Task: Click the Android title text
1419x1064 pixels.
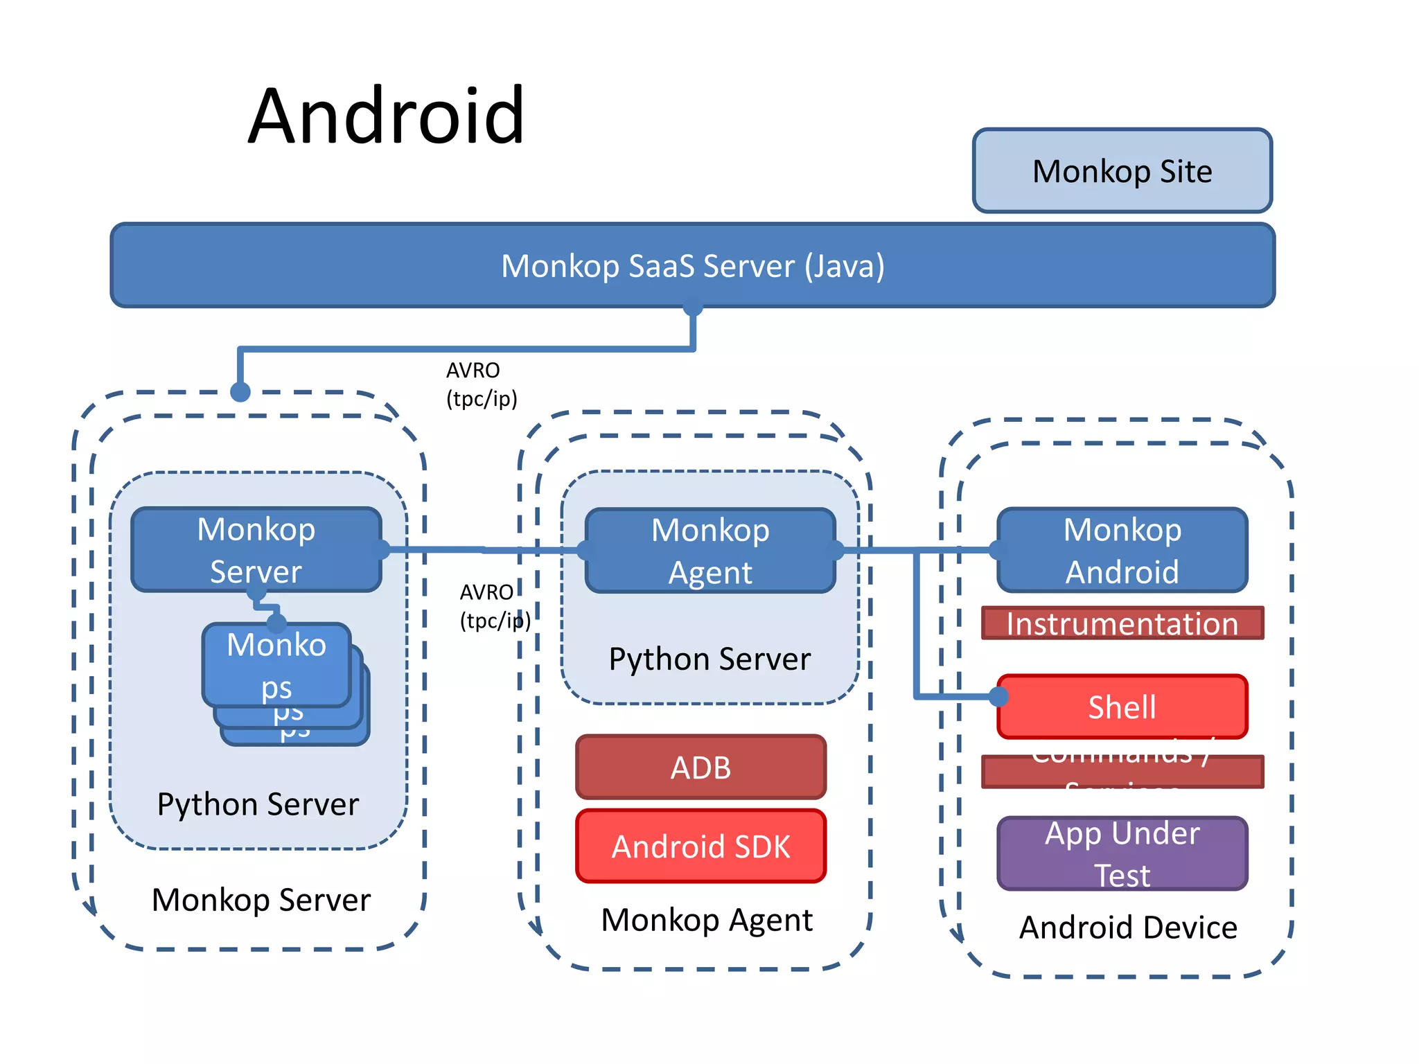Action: coord(386,116)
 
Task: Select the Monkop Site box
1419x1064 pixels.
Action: coord(1122,171)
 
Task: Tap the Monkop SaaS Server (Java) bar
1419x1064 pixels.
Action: coord(692,266)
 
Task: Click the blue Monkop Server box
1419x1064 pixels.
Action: coord(256,550)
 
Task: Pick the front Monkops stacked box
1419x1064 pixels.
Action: coord(276,664)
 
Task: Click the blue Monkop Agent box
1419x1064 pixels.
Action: coord(710,551)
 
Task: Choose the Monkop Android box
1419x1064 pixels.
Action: coord(1122,551)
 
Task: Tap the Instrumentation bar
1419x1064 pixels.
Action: coord(1122,623)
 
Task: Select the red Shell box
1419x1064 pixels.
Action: coord(1122,707)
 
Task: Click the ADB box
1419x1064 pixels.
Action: coord(700,768)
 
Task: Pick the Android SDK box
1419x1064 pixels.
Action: coord(700,846)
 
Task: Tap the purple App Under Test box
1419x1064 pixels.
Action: coord(1122,853)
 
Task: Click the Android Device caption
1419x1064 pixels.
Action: coord(1128,928)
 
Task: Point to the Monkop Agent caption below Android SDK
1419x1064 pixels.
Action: coord(707,920)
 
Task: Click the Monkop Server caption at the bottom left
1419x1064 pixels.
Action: coord(261,900)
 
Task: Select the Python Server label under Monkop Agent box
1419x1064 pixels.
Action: coord(709,659)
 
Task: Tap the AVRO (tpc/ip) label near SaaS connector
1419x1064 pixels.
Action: coord(481,384)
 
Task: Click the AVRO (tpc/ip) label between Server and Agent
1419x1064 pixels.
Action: coord(494,606)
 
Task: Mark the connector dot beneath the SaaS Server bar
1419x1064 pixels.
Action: coord(692,307)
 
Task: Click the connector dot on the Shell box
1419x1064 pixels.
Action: coord(998,696)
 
